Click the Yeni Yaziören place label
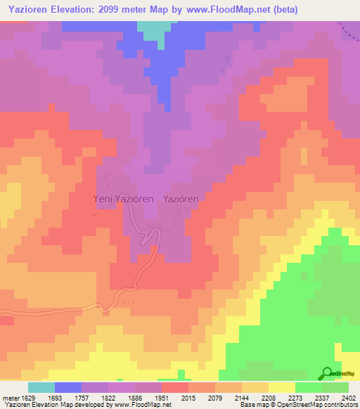[x=124, y=199]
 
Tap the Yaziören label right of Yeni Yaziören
[x=181, y=199]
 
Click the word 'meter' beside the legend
[x=10, y=396]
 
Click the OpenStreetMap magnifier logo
[x=326, y=373]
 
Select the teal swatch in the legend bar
[x=41, y=387]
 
